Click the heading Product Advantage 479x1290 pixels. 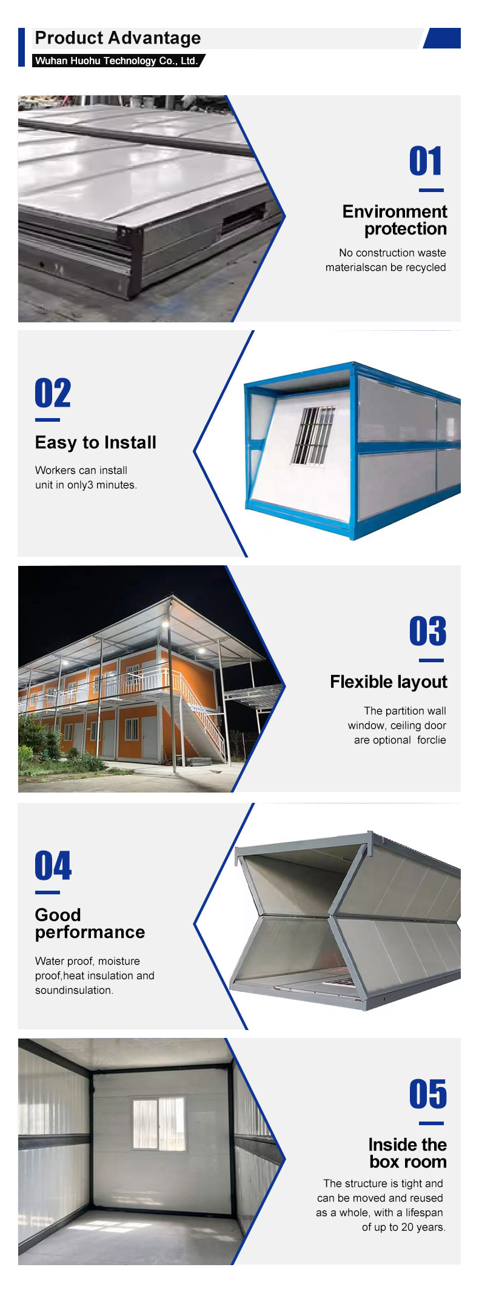118,38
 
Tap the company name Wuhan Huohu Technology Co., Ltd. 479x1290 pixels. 116,61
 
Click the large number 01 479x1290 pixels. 426,161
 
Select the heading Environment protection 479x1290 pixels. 395,220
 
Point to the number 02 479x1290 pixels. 53,393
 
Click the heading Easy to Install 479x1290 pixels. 96,442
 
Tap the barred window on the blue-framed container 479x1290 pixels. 313,436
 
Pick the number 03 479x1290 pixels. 428,631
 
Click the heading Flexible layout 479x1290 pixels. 389,682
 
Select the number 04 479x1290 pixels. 53,865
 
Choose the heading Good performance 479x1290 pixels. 90,923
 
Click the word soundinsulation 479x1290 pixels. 74,990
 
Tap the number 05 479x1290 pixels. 428,1094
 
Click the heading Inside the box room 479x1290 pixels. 407,1153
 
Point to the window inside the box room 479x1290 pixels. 159,1122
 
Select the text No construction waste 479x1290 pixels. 392,253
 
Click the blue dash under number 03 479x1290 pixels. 431,660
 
